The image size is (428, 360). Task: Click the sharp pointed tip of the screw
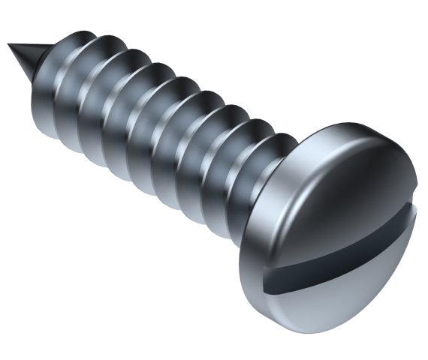coord(10,46)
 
